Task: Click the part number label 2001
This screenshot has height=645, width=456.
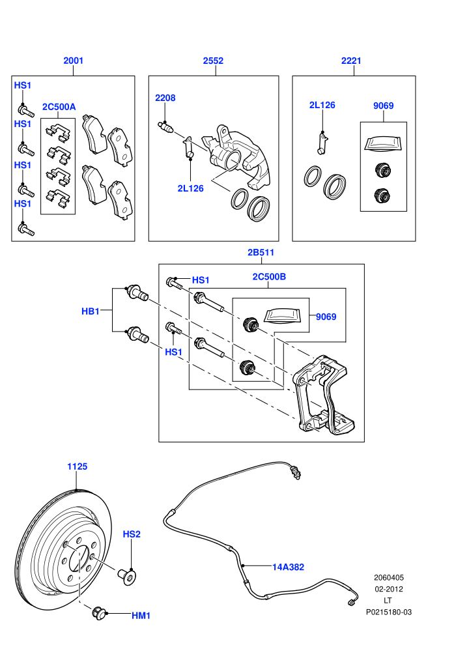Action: pyautogui.click(x=73, y=61)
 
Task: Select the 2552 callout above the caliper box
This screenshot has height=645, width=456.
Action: pyautogui.click(x=213, y=61)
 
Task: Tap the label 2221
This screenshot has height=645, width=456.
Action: pyautogui.click(x=351, y=61)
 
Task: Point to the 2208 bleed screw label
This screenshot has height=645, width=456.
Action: pyautogui.click(x=165, y=98)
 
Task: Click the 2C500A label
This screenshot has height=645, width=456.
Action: pyautogui.click(x=59, y=107)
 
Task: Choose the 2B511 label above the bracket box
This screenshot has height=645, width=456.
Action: pyautogui.click(x=261, y=252)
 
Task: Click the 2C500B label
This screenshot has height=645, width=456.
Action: pyautogui.click(x=269, y=276)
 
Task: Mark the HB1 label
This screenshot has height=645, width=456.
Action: pyautogui.click(x=91, y=311)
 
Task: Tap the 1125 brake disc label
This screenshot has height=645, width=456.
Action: pyautogui.click(x=78, y=466)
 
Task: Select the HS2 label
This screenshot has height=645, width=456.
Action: pyautogui.click(x=132, y=534)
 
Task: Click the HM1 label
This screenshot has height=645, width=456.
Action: pyautogui.click(x=141, y=616)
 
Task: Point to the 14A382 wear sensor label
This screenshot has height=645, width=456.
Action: pyautogui.click(x=288, y=567)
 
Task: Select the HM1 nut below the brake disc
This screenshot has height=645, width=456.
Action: pyautogui.click(x=98, y=613)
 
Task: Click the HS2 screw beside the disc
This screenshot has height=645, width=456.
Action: pyautogui.click(x=128, y=576)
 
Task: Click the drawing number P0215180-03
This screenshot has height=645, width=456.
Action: pyautogui.click(x=388, y=612)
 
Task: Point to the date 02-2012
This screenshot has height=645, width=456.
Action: pyautogui.click(x=388, y=589)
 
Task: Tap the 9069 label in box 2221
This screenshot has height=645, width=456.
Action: pyautogui.click(x=383, y=106)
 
